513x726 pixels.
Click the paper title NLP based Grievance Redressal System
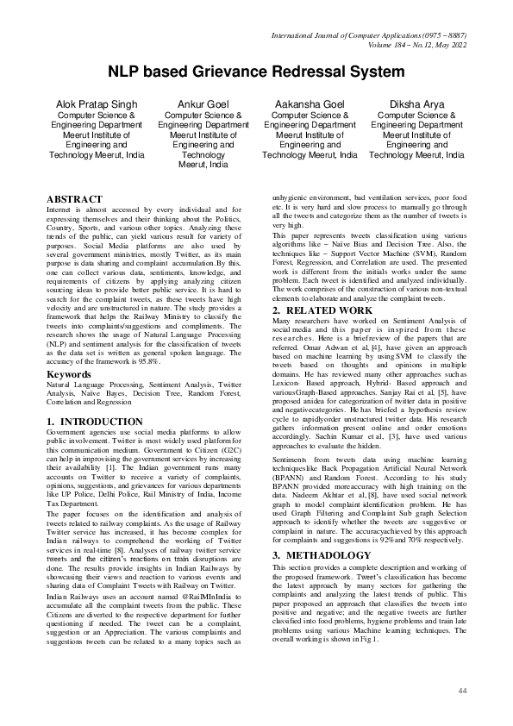(256, 72)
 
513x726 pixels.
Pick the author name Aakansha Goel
(310, 103)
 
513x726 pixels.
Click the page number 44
(462, 691)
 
